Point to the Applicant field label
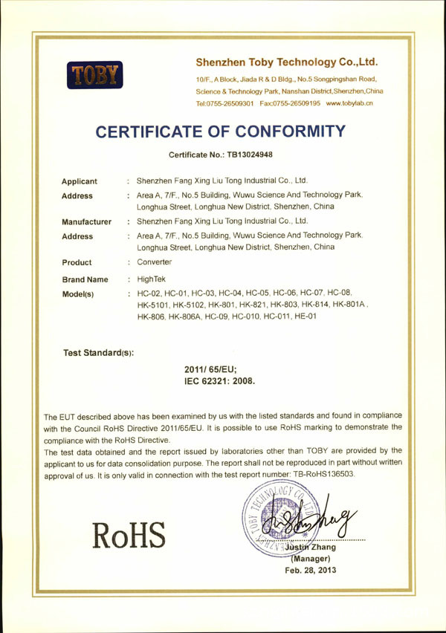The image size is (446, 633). (80, 181)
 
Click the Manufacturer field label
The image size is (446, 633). (86, 221)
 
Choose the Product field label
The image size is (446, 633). (77, 262)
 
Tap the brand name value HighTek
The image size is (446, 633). (152, 279)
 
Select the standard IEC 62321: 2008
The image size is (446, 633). (219, 380)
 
